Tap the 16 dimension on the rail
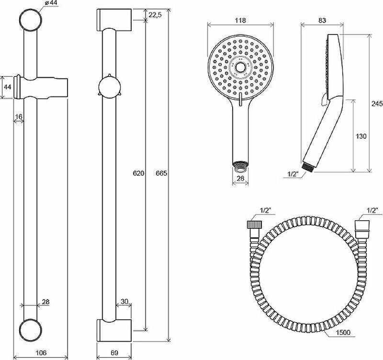point(19,116)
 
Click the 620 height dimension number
point(138,173)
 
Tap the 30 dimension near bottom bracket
point(124,301)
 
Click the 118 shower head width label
point(240,21)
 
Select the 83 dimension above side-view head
point(322,21)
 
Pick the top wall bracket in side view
point(114,20)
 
